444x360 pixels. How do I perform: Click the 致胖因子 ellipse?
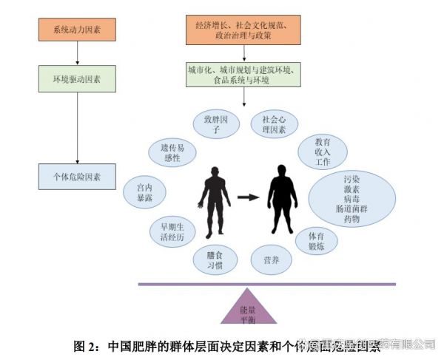coord(212,123)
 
